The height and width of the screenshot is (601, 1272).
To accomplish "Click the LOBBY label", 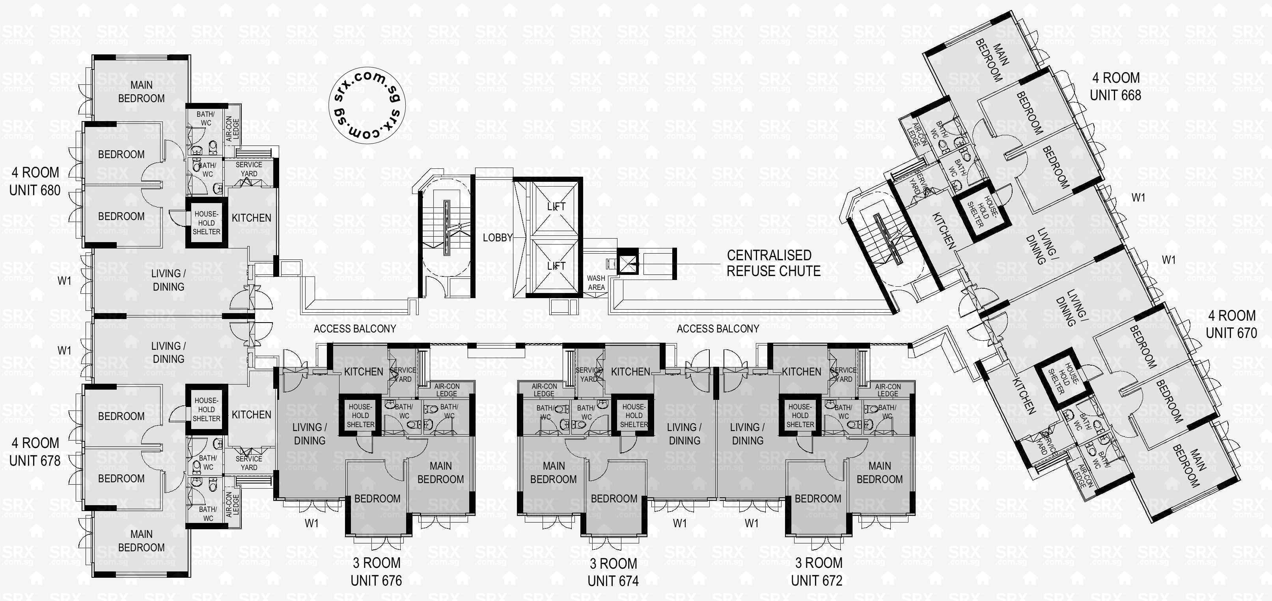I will (x=497, y=237).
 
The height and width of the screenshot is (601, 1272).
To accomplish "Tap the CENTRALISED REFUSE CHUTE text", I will (x=773, y=263).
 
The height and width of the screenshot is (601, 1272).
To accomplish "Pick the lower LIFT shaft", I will (x=556, y=266).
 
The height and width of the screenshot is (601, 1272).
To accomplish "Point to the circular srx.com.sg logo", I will (x=367, y=105).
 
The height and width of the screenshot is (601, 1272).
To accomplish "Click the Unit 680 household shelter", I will (x=206, y=223).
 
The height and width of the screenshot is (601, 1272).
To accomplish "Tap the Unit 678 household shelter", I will (x=206, y=409).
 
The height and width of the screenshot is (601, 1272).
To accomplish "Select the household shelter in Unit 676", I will (x=360, y=416).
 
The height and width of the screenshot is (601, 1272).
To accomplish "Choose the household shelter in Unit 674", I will (x=634, y=416).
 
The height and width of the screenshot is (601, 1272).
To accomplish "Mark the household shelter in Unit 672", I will (x=800, y=416).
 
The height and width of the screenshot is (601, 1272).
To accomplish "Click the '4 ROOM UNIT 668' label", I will (x=1115, y=86).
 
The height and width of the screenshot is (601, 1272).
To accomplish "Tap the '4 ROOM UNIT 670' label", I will (x=1231, y=325).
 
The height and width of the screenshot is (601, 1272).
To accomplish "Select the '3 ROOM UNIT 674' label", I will (x=613, y=572).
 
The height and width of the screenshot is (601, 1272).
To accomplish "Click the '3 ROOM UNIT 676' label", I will (x=376, y=572).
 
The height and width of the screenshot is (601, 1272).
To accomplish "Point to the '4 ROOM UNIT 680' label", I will (x=35, y=181).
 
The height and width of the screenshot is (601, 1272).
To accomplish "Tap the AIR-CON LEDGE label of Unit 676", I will (x=446, y=390).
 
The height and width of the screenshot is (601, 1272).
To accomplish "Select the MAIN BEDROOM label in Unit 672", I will (x=879, y=472).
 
